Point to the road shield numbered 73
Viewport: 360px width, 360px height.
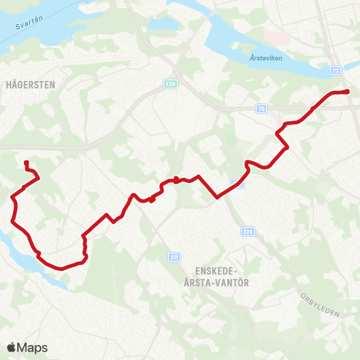point(334,69)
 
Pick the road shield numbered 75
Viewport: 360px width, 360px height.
point(260,108)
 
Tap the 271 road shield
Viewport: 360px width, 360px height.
point(175,257)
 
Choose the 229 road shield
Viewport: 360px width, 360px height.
point(248,232)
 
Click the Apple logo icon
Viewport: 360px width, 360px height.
point(11,347)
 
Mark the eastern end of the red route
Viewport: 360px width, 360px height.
point(347,91)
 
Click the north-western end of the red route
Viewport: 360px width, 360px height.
point(26,162)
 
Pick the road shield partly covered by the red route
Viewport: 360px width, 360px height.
point(235,182)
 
